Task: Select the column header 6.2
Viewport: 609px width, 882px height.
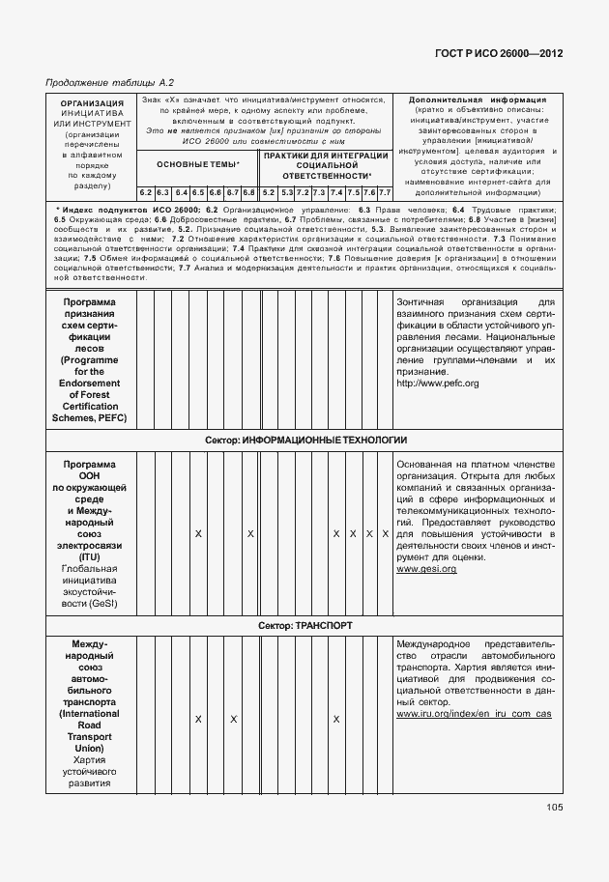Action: (146, 193)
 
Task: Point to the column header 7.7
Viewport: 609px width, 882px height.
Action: (384, 193)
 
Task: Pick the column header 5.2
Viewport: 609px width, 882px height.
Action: (269, 193)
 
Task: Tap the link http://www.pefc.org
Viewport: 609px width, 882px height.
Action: (437, 384)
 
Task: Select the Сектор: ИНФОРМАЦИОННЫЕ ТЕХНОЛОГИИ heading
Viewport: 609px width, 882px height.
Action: (305, 441)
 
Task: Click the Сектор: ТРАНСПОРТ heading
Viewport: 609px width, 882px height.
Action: (305, 625)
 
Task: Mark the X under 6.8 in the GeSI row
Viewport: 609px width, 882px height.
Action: (250, 533)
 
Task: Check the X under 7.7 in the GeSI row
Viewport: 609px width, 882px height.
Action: (385, 533)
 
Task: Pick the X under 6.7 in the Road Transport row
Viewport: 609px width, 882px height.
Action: (233, 719)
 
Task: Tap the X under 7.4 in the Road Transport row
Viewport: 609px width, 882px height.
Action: (335, 719)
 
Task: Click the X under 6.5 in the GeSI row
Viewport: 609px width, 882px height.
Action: (197, 533)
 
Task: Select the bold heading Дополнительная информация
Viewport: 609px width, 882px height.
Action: (478, 100)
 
